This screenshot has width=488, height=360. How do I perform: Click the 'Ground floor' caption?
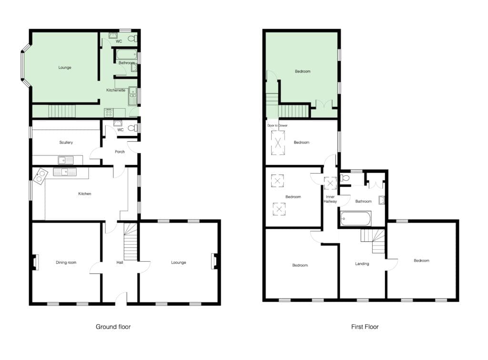pos(113,327)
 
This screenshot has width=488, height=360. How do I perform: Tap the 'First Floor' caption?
pos(365,327)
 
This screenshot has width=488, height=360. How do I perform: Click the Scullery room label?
pos(66,142)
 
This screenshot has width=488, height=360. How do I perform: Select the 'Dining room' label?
pos(66,262)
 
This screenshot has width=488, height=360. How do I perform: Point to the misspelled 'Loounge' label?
pos(179,262)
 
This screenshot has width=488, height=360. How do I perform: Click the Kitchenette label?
pos(116,90)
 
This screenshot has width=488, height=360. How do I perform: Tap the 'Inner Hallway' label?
pos(330,199)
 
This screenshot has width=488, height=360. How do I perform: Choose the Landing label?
pos(362,264)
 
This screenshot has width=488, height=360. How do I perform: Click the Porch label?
pos(120,152)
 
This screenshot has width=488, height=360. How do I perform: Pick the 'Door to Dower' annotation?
pos(277,125)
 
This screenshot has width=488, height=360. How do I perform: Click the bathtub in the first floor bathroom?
pos(356,218)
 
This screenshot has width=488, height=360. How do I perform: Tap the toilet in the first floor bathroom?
pos(345,178)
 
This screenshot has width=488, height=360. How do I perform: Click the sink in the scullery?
pos(66,160)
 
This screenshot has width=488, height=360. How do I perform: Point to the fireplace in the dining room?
pos(34,262)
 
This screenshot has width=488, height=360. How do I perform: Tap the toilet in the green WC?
pos(133,39)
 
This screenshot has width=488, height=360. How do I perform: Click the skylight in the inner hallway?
pos(330,183)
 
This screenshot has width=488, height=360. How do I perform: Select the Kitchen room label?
pos(85,194)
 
